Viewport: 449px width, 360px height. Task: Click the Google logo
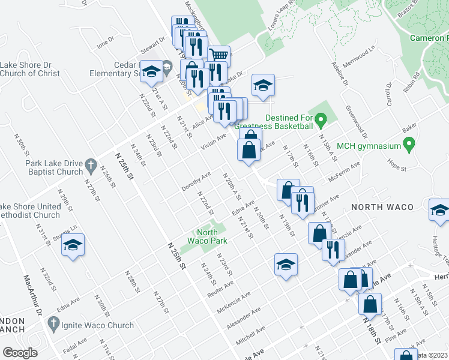pos(20,352)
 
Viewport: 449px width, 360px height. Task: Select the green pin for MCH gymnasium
pos(410,145)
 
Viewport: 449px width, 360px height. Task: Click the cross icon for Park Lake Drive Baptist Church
pos(90,164)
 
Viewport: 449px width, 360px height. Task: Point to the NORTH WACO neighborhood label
pos(382,207)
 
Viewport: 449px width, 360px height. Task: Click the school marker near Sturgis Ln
pos(73,245)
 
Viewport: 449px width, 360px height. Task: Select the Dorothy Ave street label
pos(196,182)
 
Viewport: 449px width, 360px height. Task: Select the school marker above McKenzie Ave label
pos(286,264)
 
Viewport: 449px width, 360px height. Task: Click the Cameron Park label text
pos(429,38)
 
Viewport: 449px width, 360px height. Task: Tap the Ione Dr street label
pos(105,41)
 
